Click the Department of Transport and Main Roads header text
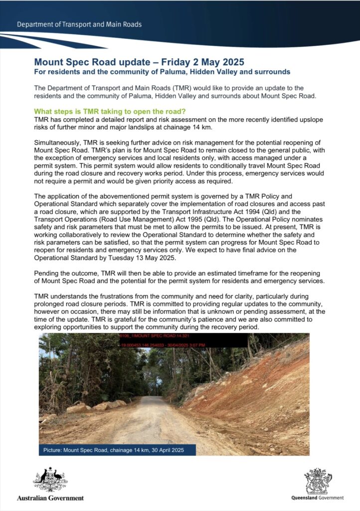pyautogui.click(x=79, y=24)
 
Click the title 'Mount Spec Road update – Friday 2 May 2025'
pyautogui.click(x=139, y=62)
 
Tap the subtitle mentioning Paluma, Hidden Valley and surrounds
pyautogui.click(x=162, y=72)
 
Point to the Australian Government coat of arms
pyautogui.click(x=50, y=480)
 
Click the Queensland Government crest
pyautogui.click(x=318, y=480)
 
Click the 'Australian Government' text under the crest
pyautogui.click(x=50, y=498)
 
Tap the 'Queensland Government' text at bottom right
pyautogui.click(x=318, y=498)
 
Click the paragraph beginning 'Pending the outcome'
pyautogui.click(x=180, y=277)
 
